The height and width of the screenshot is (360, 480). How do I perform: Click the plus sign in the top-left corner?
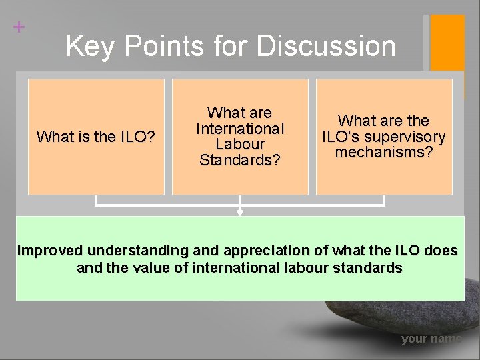[19, 27]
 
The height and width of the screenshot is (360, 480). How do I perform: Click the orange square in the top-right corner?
[447, 43]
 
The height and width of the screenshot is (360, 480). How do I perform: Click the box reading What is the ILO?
[96, 137]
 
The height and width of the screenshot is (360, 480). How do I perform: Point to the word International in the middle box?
[240, 128]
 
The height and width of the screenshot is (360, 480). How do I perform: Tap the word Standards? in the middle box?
[240, 160]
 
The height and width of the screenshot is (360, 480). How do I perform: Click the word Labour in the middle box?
[240, 144]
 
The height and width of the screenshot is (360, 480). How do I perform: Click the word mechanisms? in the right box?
[384, 153]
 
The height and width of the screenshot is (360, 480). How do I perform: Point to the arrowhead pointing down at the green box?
[240, 212]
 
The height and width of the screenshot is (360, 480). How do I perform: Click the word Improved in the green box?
[50, 251]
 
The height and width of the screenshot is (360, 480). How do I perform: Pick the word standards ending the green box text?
[370, 268]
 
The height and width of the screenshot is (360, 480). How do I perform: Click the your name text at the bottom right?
[431, 339]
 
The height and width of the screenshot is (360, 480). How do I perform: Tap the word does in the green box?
[441, 251]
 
